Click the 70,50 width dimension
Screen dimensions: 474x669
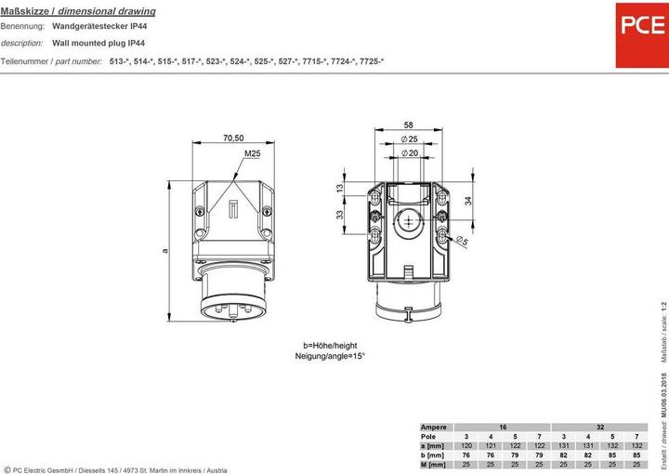click(x=233, y=138)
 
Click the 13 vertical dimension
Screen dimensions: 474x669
click(x=340, y=189)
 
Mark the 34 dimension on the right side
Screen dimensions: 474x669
click(x=470, y=200)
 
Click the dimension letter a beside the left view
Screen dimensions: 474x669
click(x=164, y=249)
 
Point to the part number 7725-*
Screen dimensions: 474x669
click(x=368, y=60)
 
